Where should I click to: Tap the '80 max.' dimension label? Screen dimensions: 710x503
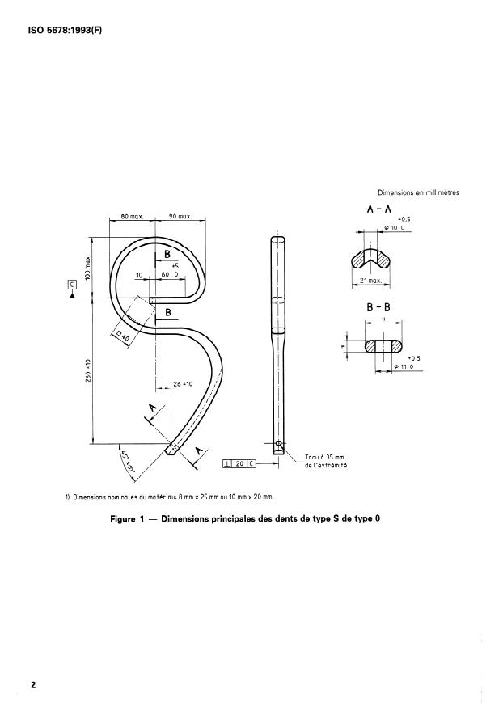(132, 217)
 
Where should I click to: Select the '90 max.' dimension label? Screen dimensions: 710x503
(180, 217)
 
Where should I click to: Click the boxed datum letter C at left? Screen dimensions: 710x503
(72, 285)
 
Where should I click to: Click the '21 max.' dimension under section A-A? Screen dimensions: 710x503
(370, 280)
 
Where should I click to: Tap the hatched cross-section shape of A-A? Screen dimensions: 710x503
(370, 260)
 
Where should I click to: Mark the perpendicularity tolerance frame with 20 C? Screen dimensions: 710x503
(239, 463)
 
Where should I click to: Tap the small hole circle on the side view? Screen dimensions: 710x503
(278, 443)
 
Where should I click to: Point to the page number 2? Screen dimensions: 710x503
(33, 685)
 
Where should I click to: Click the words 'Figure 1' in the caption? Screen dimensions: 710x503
(127, 519)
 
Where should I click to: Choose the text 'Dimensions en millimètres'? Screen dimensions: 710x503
(418, 192)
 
